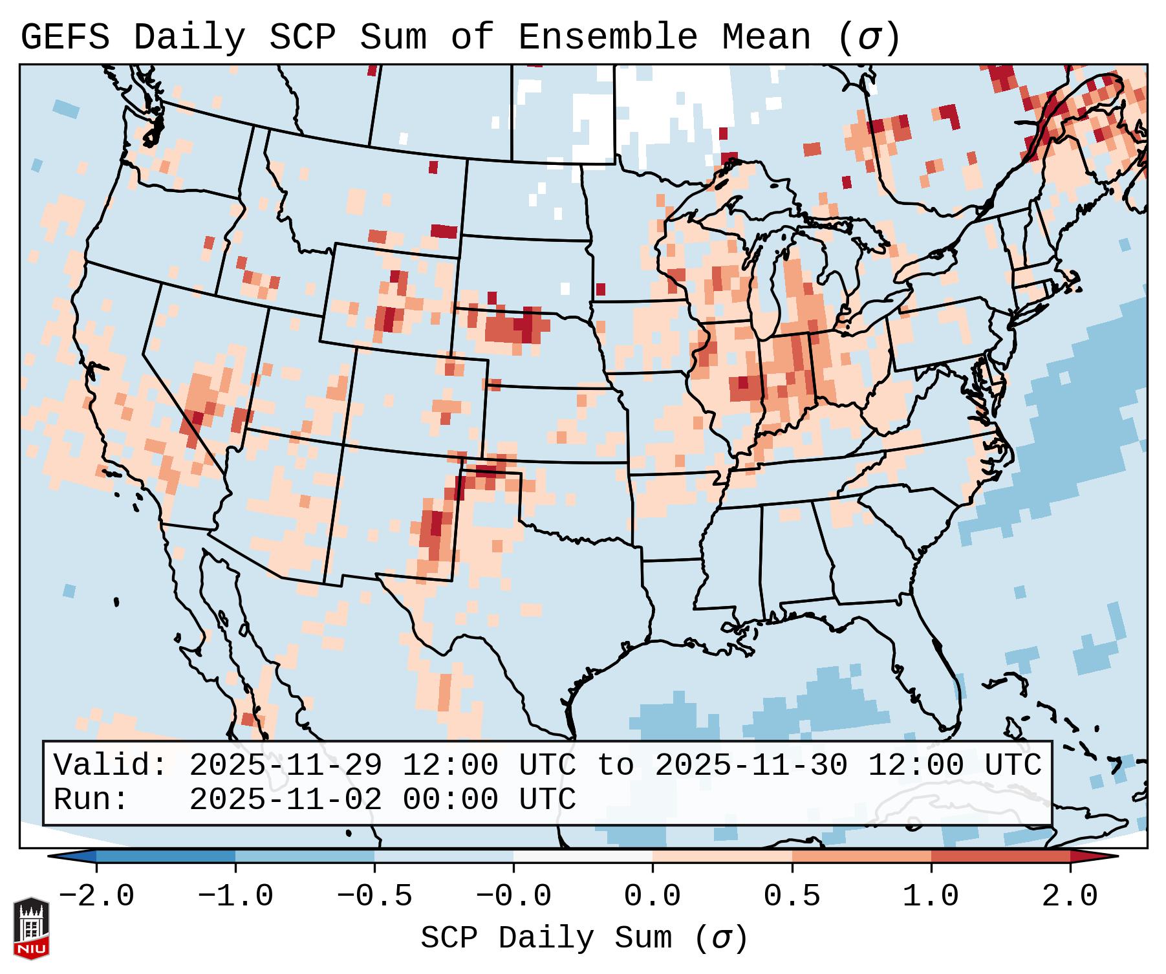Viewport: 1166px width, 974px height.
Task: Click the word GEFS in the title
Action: point(65,38)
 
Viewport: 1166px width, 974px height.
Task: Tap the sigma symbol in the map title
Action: point(869,38)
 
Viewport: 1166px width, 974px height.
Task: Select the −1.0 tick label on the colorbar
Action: point(235,897)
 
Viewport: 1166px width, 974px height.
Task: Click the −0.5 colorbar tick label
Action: point(374,897)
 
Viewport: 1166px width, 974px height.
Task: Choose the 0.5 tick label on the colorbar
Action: point(792,897)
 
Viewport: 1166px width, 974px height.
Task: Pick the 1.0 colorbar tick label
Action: point(931,897)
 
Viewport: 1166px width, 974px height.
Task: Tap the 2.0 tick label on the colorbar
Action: point(1070,897)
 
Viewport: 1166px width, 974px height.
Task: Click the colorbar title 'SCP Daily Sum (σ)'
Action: point(584,938)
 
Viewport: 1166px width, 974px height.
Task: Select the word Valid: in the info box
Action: point(111,766)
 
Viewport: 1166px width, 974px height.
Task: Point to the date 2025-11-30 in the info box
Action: point(751,766)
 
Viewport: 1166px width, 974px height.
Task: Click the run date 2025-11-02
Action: point(285,800)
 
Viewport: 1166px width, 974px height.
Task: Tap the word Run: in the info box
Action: point(91,800)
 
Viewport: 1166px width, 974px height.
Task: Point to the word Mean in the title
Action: point(766,38)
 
